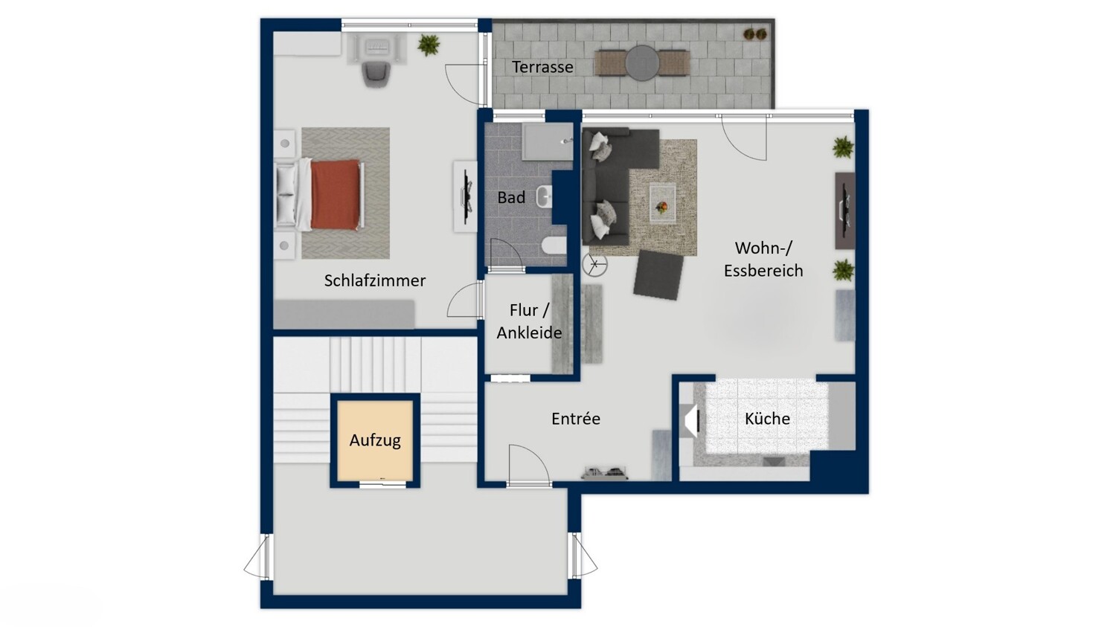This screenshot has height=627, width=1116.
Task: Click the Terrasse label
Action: tap(542, 67)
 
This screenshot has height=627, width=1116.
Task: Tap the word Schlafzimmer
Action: tap(375, 280)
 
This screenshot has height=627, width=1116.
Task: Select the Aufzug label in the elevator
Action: tap(375, 440)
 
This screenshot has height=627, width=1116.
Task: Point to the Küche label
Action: tap(767, 418)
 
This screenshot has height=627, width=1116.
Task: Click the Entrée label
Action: tap(575, 418)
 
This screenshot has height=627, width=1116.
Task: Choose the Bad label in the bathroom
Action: tap(511, 197)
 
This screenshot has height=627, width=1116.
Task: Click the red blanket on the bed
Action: tap(335, 194)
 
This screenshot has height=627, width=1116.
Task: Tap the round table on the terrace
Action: tap(642, 63)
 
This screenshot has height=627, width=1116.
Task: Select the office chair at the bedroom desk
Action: tap(376, 74)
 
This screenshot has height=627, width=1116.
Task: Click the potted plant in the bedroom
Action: tap(429, 45)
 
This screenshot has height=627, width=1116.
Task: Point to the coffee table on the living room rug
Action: tap(663, 203)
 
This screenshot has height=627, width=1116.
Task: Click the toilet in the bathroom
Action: tap(554, 246)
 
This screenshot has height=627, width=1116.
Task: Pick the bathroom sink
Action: tap(545, 196)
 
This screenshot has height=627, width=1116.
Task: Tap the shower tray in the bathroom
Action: tap(548, 142)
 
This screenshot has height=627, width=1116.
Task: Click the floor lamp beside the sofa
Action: tap(595, 265)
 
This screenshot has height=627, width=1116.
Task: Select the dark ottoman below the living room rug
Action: tap(658, 274)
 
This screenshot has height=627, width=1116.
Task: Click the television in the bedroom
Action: tap(466, 197)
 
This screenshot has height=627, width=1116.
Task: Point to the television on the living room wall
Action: tap(845, 210)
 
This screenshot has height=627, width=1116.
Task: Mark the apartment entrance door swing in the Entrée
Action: tap(528, 463)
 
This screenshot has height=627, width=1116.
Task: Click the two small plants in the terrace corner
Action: tap(755, 34)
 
